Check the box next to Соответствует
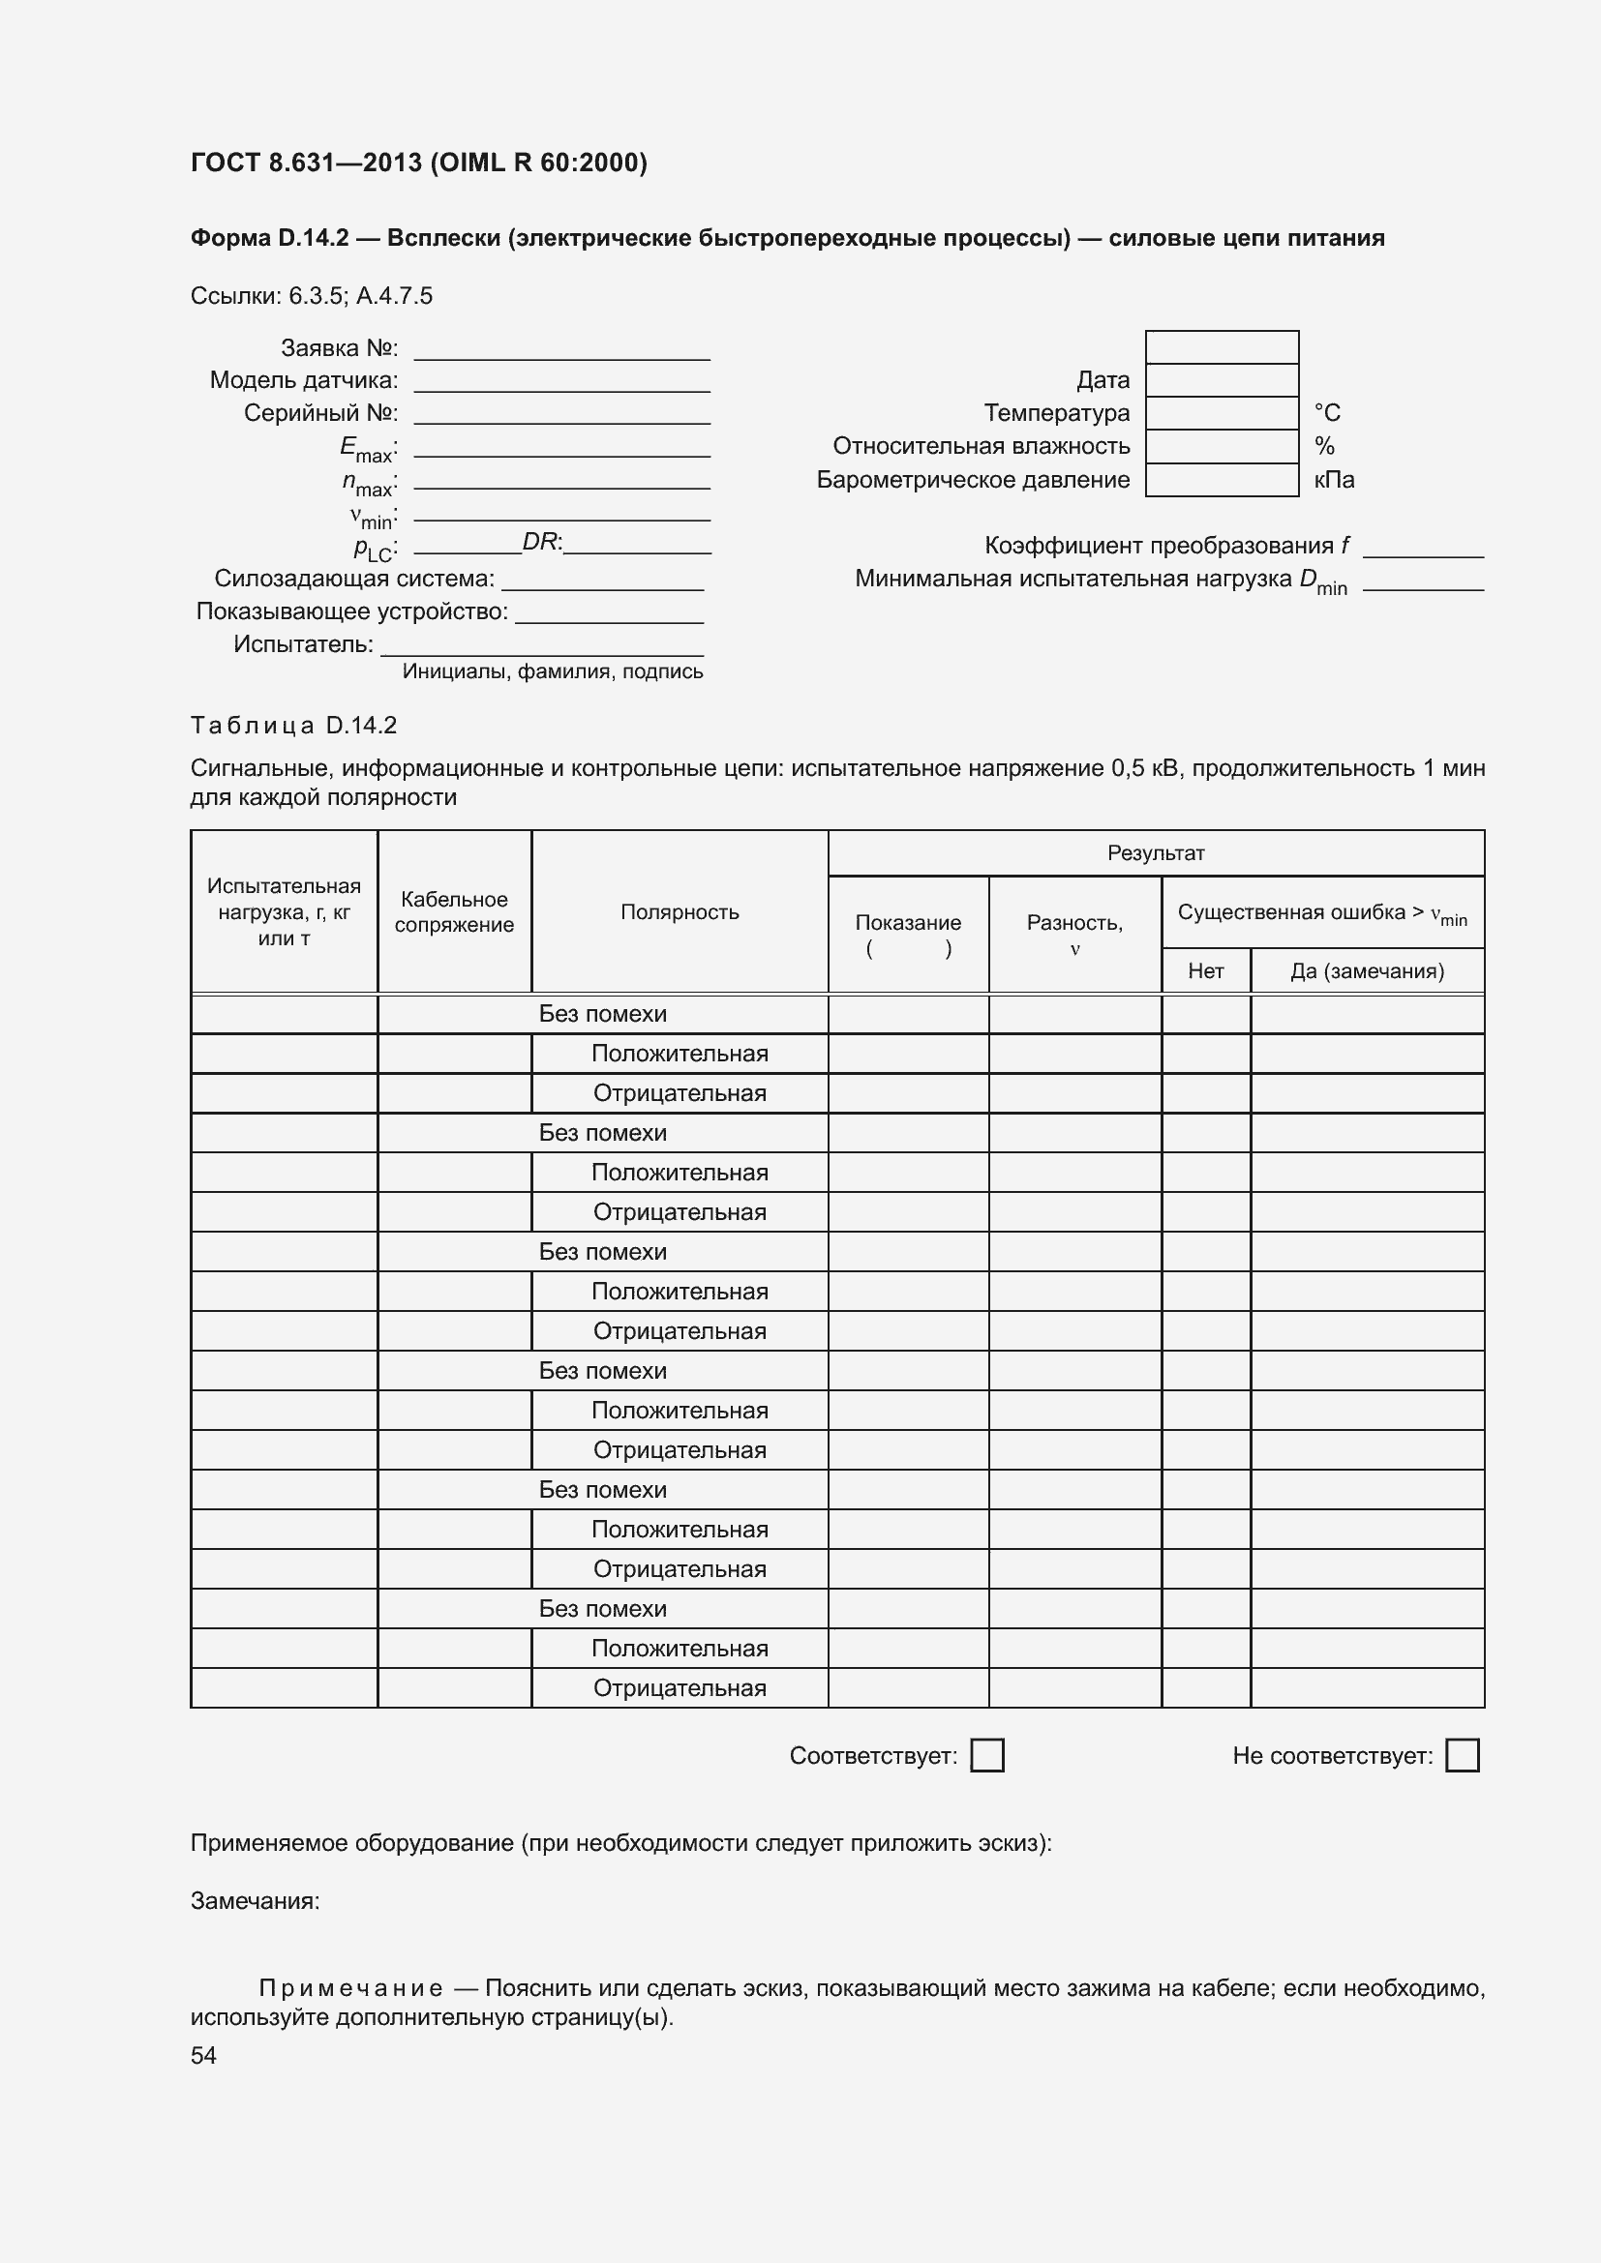986,1755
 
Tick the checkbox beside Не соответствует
1462,1755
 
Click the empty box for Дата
1222,380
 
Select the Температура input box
1222,413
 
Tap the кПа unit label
1334,480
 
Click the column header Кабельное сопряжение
455,911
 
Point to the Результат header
1156,853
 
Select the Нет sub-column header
1206,970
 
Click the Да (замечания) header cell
1367,970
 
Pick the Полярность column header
680,911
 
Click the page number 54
203,2055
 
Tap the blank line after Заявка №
562,350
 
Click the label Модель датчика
304,380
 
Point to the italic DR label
540,541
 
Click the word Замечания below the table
255,1900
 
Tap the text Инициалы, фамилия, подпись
552,671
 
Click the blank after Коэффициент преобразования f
1423,548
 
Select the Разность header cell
1074,935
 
